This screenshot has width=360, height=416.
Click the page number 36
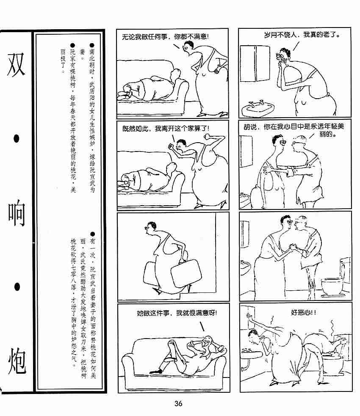coord(178,404)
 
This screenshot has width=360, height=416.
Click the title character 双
coord(17,64)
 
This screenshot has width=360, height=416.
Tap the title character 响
coord(17,213)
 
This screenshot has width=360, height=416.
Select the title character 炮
coord(17,361)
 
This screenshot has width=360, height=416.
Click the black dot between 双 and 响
coord(17,138)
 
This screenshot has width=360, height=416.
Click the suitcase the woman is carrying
coord(186,273)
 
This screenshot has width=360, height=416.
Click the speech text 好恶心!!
coord(303,313)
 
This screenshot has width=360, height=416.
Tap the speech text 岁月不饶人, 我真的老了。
coord(302,35)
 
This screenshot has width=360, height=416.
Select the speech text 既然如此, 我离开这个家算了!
coord(166,129)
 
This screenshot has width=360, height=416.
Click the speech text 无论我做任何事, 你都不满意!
coord(165,37)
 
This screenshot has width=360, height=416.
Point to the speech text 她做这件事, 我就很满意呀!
coord(177,313)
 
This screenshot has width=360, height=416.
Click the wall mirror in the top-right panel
coord(255,63)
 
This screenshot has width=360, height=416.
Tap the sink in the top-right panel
coord(258,108)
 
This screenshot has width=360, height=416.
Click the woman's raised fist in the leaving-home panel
coord(208,137)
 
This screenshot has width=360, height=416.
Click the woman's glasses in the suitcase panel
coord(148,227)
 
